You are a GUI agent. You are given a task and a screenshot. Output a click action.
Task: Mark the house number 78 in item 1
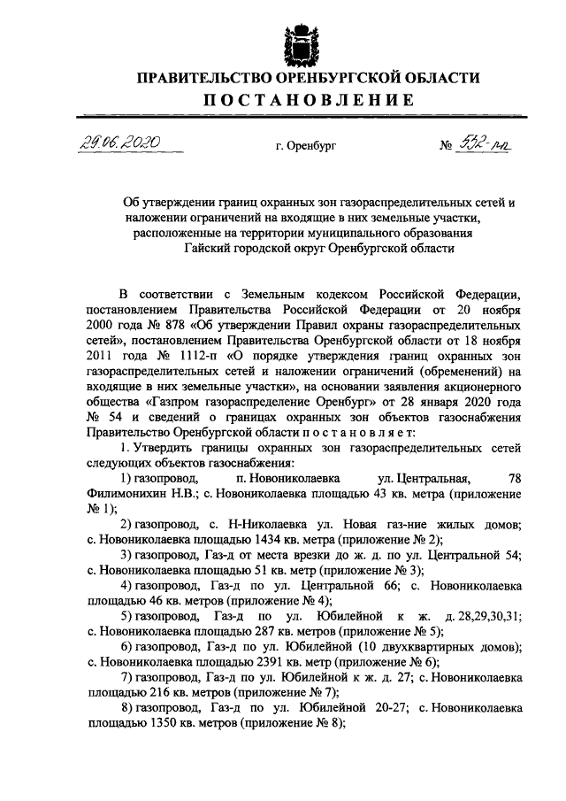(516, 479)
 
